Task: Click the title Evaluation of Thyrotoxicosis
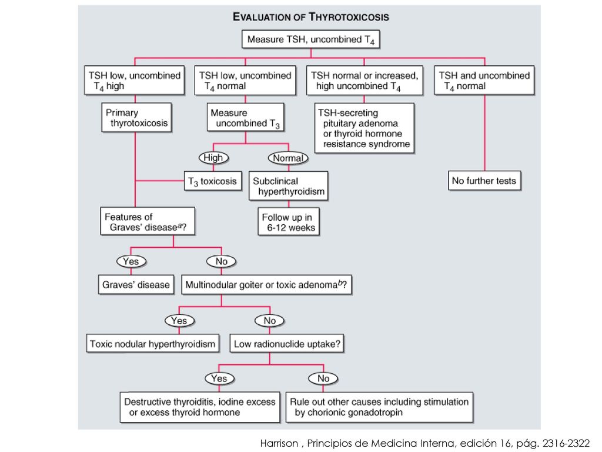click(x=310, y=17)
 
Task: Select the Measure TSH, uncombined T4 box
click(x=310, y=39)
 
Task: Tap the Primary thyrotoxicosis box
click(x=136, y=117)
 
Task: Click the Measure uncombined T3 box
click(x=245, y=117)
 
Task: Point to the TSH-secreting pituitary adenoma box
click(x=364, y=128)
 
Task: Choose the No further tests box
click(x=484, y=181)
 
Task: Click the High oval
click(x=213, y=158)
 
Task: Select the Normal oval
click(x=288, y=158)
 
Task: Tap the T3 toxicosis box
click(x=213, y=181)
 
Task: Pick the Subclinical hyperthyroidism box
click(x=288, y=186)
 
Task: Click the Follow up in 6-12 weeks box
click(x=288, y=222)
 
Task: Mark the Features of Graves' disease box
click(x=148, y=221)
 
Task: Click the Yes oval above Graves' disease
click(x=131, y=261)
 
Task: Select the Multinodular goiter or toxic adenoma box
click(x=266, y=285)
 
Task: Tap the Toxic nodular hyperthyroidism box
click(x=152, y=344)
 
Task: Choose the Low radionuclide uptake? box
click(x=287, y=344)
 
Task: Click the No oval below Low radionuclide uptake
click(x=323, y=378)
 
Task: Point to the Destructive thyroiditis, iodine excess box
click(x=200, y=407)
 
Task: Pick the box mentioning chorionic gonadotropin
click(x=379, y=407)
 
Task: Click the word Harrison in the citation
click(x=279, y=443)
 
